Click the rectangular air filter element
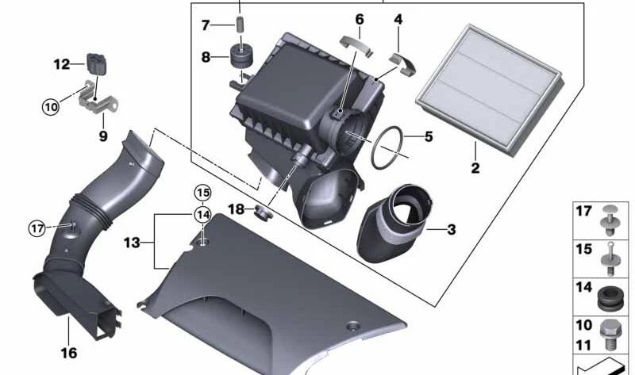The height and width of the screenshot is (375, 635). point(490,89)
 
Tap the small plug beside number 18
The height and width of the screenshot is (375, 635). point(264,212)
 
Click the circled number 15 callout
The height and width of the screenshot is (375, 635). point(203,193)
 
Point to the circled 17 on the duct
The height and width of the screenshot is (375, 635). point(37,228)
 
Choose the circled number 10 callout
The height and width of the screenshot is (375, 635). point(51,107)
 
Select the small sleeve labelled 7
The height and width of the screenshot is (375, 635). point(241,25)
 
